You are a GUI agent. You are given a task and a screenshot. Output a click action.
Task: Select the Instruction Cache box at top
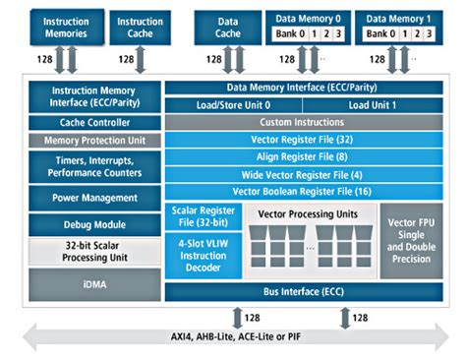click(x=140, y=27)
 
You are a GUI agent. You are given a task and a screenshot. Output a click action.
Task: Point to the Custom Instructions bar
click(x=301, y=122)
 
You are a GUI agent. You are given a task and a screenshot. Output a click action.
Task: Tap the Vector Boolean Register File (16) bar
click(x=301, y=190)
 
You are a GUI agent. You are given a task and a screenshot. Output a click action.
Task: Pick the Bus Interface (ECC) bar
click(x=301, y=292)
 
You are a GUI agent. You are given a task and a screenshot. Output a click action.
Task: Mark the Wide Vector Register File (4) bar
click(x=301, y=173)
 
